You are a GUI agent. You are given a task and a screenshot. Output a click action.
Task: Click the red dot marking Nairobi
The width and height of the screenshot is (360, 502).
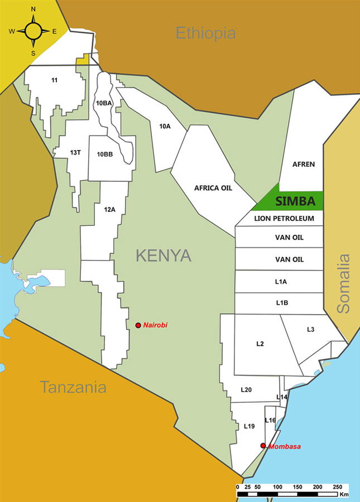pos(138,325)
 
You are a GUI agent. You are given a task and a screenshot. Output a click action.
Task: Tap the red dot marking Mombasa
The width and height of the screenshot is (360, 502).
pos(263,446)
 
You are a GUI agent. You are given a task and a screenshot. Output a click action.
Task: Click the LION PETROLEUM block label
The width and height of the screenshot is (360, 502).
pos(280,218)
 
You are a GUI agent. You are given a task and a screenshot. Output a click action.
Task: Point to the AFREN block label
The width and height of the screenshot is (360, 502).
pos(304,164)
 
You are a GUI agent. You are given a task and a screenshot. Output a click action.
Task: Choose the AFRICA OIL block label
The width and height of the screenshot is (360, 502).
pos(213,188)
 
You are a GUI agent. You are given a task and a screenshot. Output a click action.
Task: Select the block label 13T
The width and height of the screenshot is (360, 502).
pos(76,152)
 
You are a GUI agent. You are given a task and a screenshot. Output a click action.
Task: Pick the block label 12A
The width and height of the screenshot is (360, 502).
pos(109,209)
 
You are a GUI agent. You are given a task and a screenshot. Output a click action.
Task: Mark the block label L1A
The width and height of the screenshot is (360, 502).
pos(281,282)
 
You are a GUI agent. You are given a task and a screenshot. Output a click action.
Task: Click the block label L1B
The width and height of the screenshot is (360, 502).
pos(282,303)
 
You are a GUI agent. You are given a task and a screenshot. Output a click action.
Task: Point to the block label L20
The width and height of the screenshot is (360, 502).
pos(247,389)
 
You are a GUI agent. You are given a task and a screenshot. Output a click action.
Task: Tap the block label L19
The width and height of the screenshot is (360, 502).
pos(249,426)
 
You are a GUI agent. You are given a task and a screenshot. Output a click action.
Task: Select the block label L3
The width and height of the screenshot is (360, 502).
pos(311,330)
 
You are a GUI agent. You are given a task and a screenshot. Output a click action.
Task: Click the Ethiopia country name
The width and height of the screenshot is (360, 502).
pos(205,33)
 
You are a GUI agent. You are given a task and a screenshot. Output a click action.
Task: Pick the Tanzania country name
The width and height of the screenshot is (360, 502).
pos(73,387)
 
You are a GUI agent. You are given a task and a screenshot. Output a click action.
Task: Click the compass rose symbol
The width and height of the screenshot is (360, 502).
pos(33,31)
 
